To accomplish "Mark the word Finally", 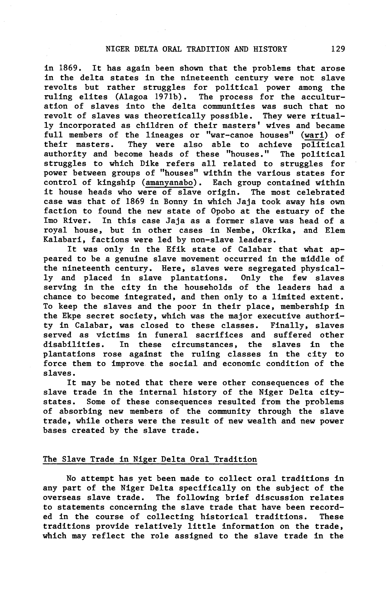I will [290, 326].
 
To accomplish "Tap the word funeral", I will [171, 335].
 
